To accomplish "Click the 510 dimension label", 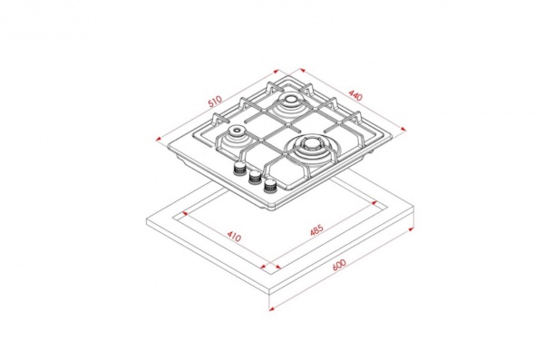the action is coord(214,102).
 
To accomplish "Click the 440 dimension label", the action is coord(355,95).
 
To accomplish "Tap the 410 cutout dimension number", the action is coord(234,237).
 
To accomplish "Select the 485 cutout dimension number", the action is coord(316,230).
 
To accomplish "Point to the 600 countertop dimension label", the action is coord(339,265).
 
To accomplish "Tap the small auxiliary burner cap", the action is coord(237,131).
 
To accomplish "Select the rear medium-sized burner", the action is coord(289,102).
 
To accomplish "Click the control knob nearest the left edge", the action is coord(238,169).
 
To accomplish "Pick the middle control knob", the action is coord(255,178).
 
